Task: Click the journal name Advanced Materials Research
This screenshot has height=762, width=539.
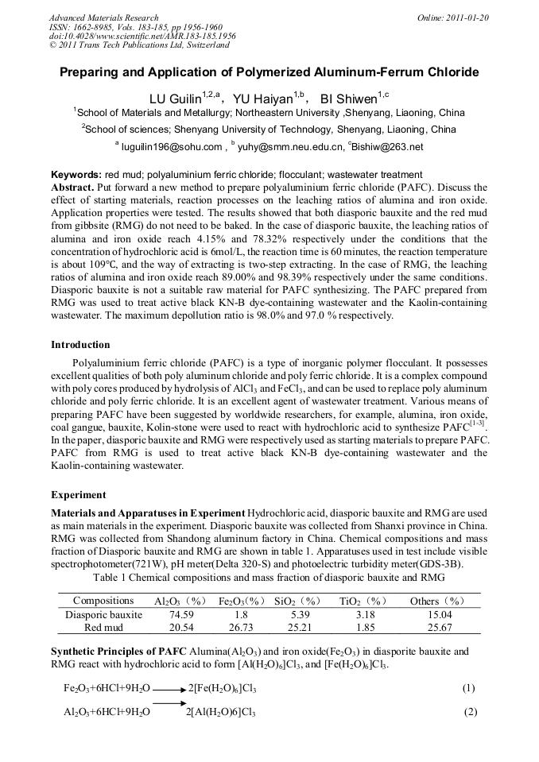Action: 103,17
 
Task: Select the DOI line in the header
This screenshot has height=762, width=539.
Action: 142,37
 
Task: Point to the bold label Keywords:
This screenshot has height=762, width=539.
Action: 76,175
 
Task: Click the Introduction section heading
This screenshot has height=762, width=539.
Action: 80,345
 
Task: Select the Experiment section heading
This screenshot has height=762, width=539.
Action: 79,494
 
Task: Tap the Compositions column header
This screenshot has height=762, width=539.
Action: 103,601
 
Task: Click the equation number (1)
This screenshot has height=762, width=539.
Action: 468,688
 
